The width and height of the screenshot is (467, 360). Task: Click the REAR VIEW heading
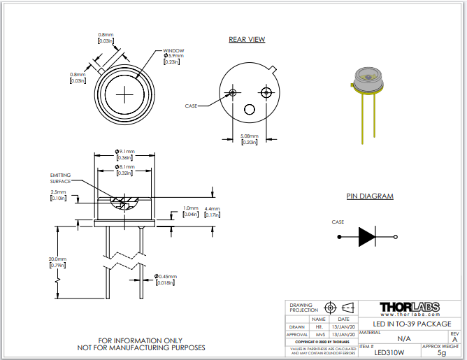(x=247, y=39)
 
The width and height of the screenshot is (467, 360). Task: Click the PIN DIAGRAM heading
(x=370, y=196)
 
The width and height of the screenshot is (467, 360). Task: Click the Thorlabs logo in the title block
(x=409, y=308)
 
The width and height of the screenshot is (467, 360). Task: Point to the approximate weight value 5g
(x=440, y=353)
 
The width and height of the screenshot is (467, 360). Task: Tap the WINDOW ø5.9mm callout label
(x=174, y=56)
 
